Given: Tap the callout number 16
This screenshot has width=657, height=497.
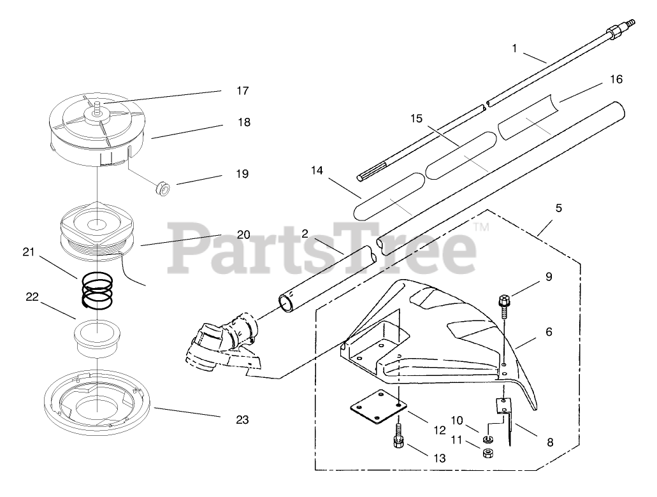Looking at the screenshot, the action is (615, 80).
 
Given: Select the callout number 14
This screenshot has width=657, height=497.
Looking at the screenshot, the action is (317, 171).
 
